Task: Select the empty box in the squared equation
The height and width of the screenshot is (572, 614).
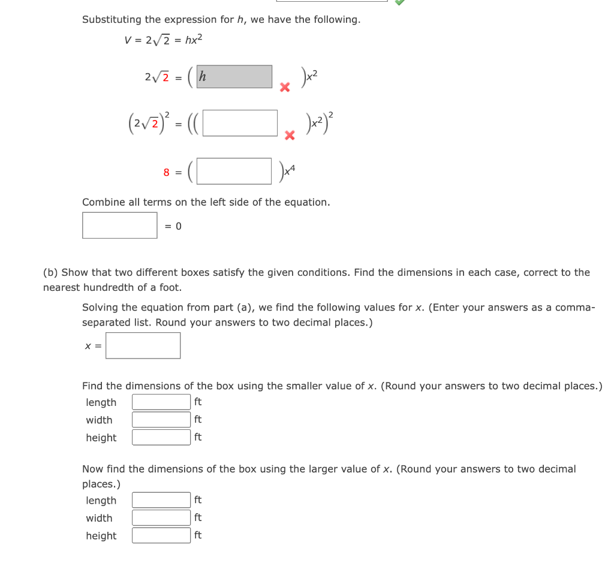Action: point(240,123)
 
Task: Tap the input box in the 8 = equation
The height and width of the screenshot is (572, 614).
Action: point(234,171)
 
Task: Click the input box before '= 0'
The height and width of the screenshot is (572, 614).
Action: point(120,225)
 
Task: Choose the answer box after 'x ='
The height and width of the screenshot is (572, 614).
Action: point(143,345)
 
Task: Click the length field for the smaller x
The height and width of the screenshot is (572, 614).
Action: point(161,402)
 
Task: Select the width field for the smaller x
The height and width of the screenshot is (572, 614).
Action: point(161,420)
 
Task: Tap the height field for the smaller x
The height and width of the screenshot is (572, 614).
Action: point(161,437)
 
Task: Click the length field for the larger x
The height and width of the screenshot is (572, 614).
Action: point(161,500)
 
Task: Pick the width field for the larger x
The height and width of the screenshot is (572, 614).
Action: point(161,517)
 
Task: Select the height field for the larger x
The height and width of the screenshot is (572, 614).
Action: point(161,535)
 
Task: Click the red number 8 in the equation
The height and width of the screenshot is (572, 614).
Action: point(167,173)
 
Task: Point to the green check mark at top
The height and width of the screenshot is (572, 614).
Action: point(400,2)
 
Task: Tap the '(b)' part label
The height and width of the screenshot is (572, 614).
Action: point(50,273)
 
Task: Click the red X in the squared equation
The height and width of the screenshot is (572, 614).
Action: point(290,136)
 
